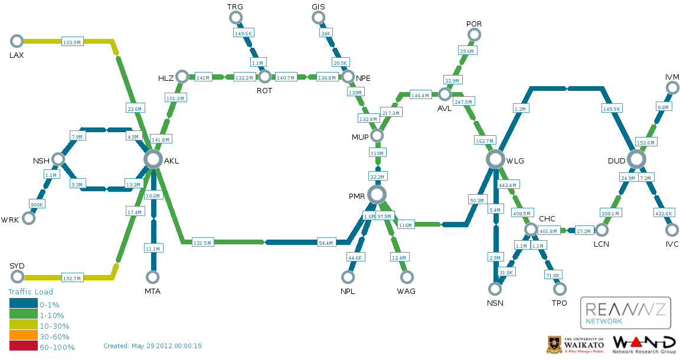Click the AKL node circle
point(153,159)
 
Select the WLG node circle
point(495,159)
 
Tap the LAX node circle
point(17,41)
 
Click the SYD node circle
point(17,276)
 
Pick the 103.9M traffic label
point(72,42)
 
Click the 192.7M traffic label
point(72,278)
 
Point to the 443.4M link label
point(508,185)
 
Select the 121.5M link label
point(202,243)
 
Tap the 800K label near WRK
point(37,204)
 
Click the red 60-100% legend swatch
point(24,346)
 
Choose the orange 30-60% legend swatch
point(24,335)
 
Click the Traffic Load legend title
point(30,292)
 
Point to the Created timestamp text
point(152,346)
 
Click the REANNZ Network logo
point(625,313)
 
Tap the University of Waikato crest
point(553,345)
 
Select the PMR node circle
point(377,195)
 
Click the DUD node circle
point(636,159)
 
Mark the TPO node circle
point(560,289)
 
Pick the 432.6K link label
point(663,213)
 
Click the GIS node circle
point(318,18)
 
